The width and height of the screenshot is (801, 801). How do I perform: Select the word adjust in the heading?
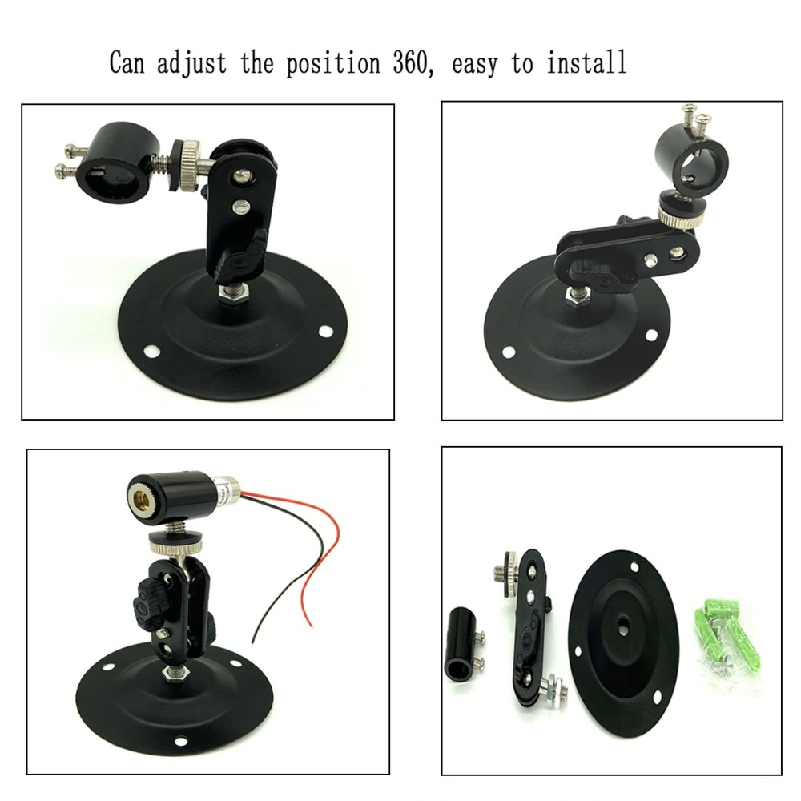[191, 63]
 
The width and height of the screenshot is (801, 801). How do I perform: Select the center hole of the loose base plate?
[622, 621]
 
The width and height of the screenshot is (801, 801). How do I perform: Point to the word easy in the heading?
[478, 63]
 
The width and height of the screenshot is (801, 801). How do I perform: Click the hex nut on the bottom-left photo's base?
[171, 674]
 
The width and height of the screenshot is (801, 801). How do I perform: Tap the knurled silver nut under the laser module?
[175, 545]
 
